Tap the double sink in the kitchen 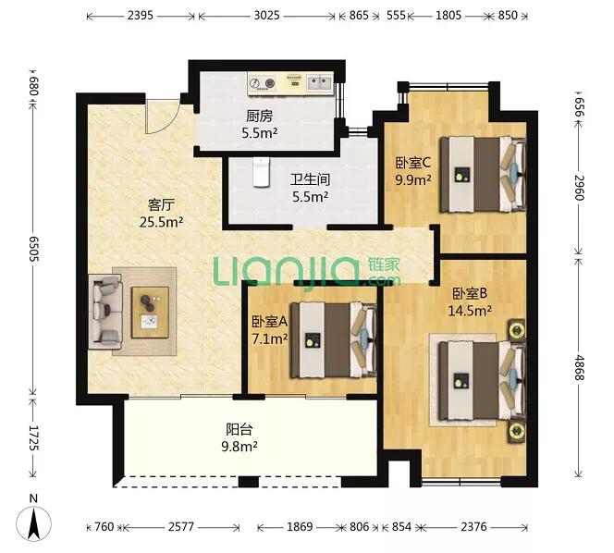(319, 83)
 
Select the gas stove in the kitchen (263, 84)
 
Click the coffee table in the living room (151, 313)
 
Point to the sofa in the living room (105, 312)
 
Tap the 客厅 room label (161, 204)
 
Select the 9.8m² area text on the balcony (239, 446)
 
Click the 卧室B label (470, 293)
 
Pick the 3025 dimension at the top (266, 16)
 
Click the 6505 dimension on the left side (33, 249)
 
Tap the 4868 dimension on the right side (580, 367)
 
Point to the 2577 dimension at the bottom (181, 526)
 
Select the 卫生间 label (310, 179)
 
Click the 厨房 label (259, 116)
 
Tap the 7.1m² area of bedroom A (270, 338)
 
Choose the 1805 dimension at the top (448, 16)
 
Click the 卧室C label (413, 162)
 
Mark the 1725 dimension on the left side (33, 437)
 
